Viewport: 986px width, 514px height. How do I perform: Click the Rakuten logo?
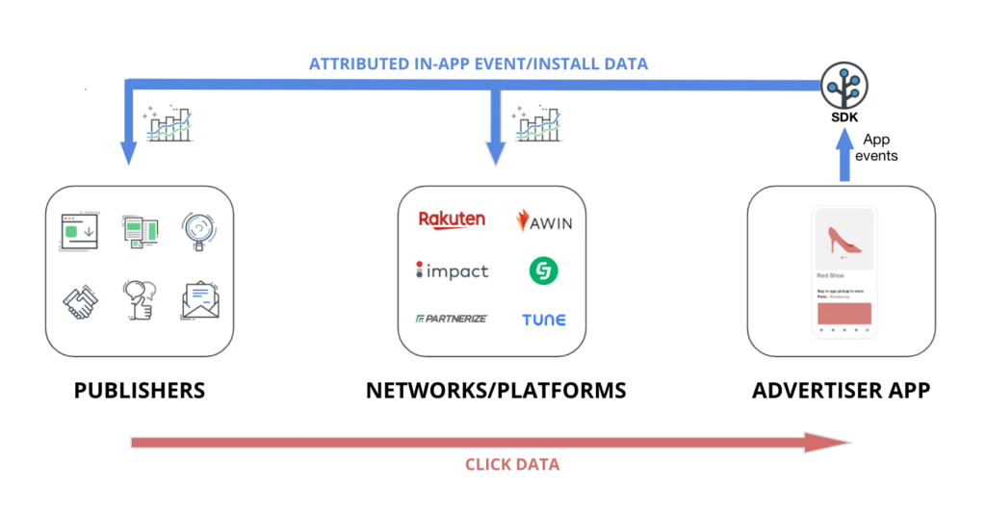(x=452, y=220)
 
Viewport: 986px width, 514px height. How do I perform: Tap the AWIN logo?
(x=544, y=221)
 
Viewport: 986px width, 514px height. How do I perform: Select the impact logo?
(x=452, y=270)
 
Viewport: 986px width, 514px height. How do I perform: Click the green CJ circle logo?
(x=543, y=270)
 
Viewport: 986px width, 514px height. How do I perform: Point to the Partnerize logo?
(x=451, y=319)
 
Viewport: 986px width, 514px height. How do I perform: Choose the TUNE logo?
(x=544, y=320)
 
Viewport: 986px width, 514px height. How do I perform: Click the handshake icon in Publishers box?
(x=80, y=301)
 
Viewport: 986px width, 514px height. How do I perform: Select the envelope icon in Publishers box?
(x=200, y=300)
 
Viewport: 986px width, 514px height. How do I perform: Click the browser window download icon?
(x=80, y=230)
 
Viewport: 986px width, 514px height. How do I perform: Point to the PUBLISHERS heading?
(x=140, y=391)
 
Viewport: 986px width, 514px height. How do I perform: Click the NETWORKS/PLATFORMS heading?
(x=496, y=391)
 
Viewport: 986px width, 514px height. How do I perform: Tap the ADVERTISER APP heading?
(x=842, y=391)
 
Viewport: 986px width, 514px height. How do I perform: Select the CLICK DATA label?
(x=511, y=464)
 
